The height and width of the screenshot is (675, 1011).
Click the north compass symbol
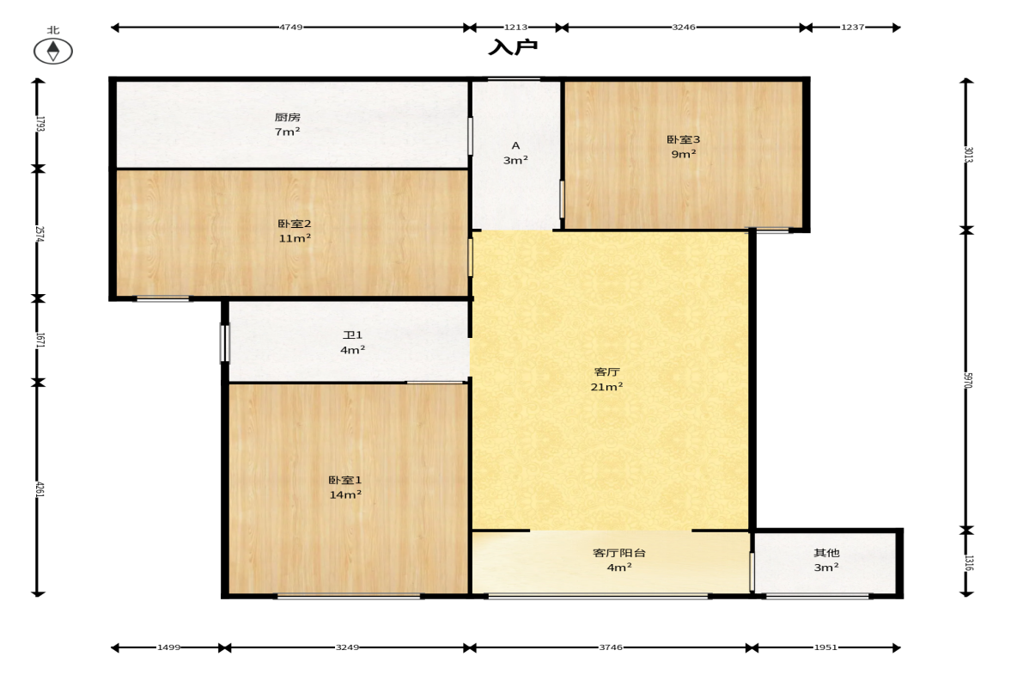point(53,51)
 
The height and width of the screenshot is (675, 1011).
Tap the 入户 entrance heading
point(514,47)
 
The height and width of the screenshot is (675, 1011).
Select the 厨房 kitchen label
point(288,117)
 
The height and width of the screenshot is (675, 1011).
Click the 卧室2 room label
point(295,224)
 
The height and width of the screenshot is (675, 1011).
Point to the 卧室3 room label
point(684,139)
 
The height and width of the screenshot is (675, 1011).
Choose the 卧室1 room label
point(345,480)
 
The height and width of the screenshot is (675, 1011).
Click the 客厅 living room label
point(606,371)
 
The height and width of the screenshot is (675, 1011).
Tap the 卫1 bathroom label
point(353,334)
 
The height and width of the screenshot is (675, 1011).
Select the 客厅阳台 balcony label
point(619,552)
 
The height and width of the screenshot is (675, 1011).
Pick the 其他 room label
point(826,552)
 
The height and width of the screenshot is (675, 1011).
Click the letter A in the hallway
point(516,146)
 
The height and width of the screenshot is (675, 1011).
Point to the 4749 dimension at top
point(291,28)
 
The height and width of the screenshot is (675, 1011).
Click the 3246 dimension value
point(684,28)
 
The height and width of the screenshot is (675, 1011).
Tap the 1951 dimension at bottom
point(825,647)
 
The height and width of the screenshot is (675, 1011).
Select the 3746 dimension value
point(611,647)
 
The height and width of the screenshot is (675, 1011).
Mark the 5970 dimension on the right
point(968,380)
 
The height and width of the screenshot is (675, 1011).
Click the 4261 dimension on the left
point(40,488)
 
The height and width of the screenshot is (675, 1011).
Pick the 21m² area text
point(606,387)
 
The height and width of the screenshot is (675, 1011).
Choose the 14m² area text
point(345,495)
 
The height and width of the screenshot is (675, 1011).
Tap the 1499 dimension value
point(169,647)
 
